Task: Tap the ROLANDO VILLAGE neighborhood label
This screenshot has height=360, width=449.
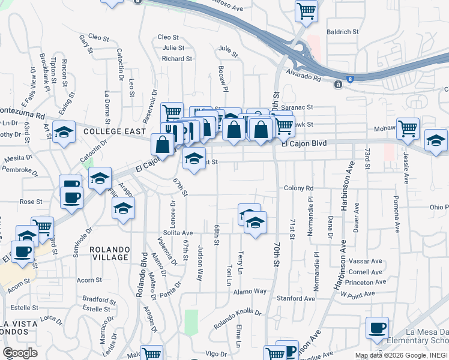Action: coord(109,253)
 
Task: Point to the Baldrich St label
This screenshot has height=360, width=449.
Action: coord(342,32)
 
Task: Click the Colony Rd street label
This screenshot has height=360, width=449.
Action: coord(299,188)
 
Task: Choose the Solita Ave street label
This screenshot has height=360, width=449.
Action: coord(178,233)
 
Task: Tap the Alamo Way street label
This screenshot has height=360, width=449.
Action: coord(250,291)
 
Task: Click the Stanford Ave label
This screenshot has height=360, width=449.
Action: coord(295,298)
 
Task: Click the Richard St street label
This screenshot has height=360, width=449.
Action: coord(177,59)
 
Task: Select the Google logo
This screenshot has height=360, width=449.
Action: coord(20,353)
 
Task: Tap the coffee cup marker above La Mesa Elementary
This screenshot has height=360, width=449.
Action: coord(377,328)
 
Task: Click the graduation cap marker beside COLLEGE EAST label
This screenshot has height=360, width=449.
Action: coord(64,133)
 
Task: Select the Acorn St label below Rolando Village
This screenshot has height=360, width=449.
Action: coord(89,280)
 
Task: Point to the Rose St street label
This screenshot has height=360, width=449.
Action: coord(29,202)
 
